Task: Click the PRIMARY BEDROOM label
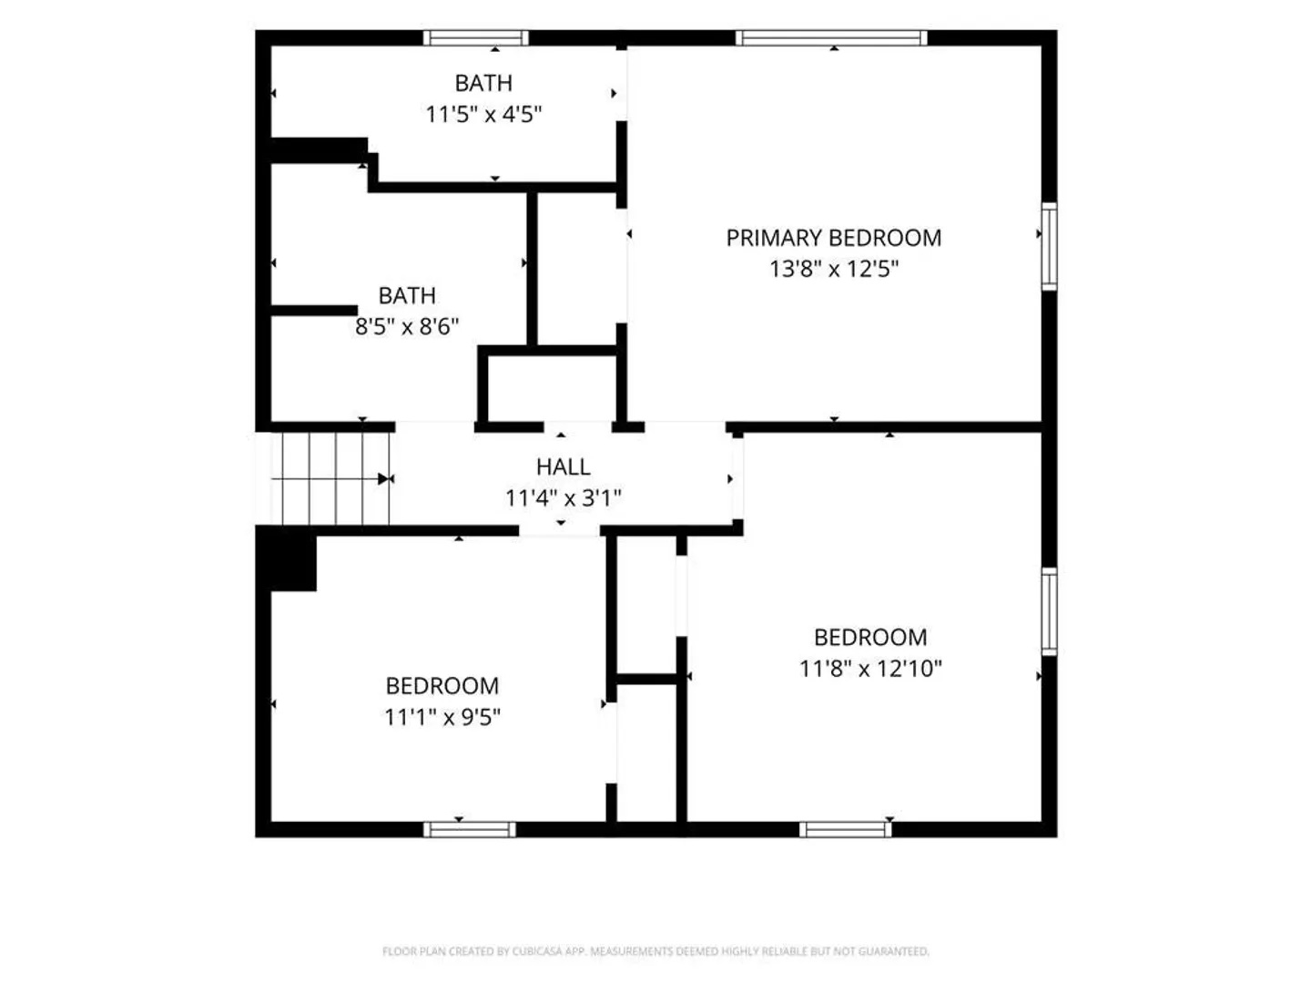[833, 238]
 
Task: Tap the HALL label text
[563, 466]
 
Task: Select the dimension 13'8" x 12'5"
[833, 269]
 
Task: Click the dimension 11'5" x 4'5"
[483, 114]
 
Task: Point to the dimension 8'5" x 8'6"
[407, 326]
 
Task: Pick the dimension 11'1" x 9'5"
[442, 716]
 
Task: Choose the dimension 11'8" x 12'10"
[870, 668]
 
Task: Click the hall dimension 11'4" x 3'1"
[563, 497]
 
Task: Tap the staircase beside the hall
[330, 478]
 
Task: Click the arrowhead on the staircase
[383, 478]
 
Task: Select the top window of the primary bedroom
[831, 38]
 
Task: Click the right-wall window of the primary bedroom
[1050, 247]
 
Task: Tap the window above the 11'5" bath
[476, 38]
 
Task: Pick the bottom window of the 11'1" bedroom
[470, 829]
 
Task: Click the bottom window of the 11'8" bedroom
[845, 829]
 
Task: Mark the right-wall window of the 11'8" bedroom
[1050, 611]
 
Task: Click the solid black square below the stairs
[286, 559]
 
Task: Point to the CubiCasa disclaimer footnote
[655, 950]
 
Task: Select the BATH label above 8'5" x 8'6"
[407, 295]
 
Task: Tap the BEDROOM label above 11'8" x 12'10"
[870, 637]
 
